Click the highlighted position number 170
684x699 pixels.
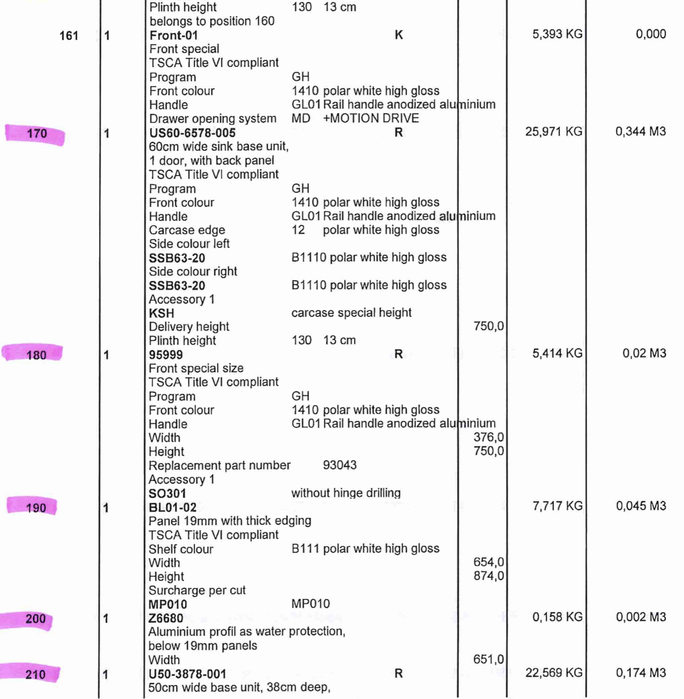click(37, 134)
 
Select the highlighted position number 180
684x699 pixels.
click(36, 355)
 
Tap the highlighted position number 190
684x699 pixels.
click(36, 508)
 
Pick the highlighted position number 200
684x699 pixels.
click(35, 619)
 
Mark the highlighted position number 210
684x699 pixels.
click(35, 675)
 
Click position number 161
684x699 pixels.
click(69, 36)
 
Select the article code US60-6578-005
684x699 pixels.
click(192, 133)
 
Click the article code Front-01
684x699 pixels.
click(174, 36)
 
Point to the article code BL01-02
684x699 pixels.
click(173, 508)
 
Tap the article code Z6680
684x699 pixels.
click(165, 618)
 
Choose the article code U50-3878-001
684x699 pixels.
click(187, 674)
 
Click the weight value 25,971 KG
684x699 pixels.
click(554, 132)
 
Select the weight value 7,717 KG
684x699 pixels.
click(557, 506)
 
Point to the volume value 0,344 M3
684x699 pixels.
click(640, 132)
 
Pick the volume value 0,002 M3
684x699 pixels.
click(641, 617)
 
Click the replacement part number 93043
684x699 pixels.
click(339, 465)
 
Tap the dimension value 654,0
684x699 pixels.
click(488, 562)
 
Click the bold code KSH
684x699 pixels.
click(161, 313)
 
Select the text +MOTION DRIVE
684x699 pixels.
click(371, 118)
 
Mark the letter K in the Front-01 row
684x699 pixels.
click(398, 35)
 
